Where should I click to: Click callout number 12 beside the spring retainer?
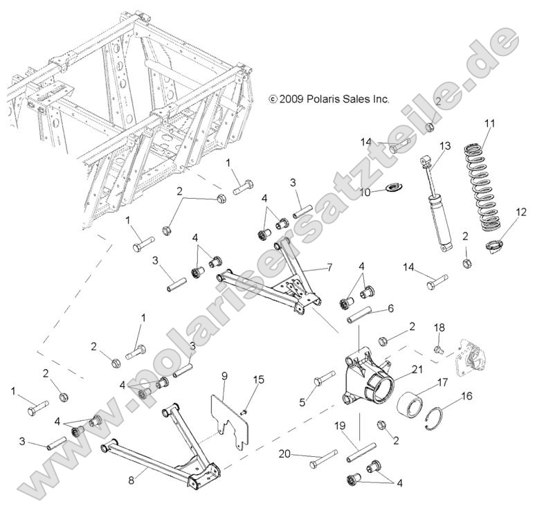coord(520,213)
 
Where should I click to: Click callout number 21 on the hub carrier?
coord(416,370)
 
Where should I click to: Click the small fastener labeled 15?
coord(244,413)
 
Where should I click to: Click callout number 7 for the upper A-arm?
coord(329,267)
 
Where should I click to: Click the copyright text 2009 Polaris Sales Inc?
coord(329,99)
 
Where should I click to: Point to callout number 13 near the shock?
coord(444,146)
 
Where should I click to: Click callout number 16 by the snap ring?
coord(466,397)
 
